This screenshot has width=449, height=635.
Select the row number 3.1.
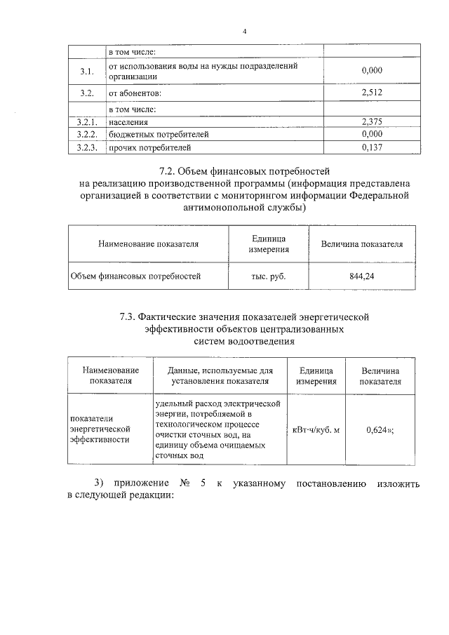(x=86, y=71)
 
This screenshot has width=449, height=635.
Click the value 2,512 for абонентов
(x=371, y=93)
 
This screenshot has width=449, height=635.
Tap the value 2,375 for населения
(x=371, y=121)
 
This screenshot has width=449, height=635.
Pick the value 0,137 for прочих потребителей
(x=371, y=147)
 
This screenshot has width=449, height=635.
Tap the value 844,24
(x=361, y=276)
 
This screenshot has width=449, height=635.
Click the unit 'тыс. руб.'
(x=268, y=276)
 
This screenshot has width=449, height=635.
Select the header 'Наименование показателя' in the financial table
(x=148, y=244)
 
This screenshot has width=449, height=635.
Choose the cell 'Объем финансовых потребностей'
(x=135, y=276)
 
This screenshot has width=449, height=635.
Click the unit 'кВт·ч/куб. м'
(x=316, y=429)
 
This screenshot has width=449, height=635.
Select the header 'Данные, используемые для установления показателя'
(x=220, y=375)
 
